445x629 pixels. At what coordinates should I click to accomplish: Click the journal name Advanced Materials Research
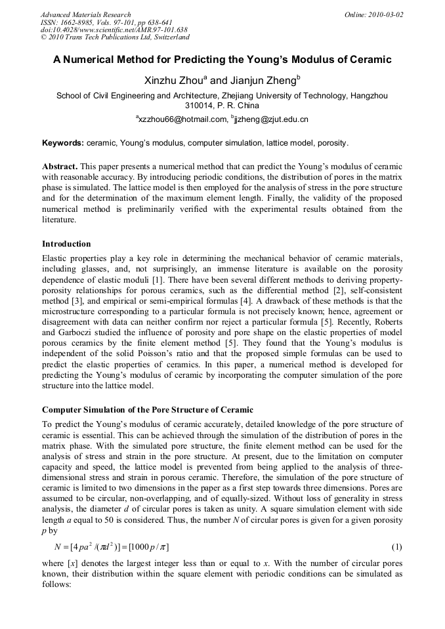click(85, 14)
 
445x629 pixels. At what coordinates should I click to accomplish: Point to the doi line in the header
click(114, 30)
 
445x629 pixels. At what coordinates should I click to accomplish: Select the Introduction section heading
click(66, 244)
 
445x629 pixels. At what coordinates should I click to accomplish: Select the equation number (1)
click(396, 546)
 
